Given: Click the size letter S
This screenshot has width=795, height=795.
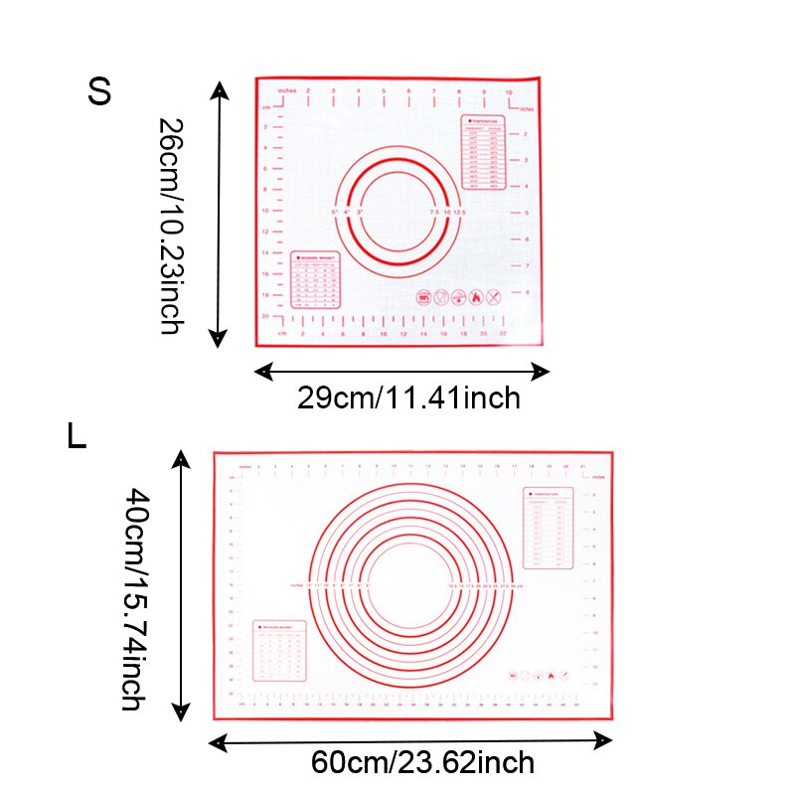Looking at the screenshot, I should (x=98, y=91).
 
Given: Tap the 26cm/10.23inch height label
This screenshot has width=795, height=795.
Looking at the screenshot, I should (x=170, y=227).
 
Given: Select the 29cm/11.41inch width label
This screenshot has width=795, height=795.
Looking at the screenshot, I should (x=408, y=398).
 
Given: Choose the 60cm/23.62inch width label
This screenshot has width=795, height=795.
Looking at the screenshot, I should (x=422, y=763).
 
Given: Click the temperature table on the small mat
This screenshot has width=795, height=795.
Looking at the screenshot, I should (x=484, y=154).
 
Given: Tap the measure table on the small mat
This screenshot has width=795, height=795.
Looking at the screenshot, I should (x=315, y=281).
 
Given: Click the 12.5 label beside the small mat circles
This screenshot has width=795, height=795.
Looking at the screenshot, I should (x=460, y=213).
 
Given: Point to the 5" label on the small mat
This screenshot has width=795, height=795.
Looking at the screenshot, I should (x=335, y=213).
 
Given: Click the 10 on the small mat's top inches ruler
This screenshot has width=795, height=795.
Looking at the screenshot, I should (x=510, y=92).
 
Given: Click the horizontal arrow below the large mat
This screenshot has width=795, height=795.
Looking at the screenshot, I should (x=410, y=740).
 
